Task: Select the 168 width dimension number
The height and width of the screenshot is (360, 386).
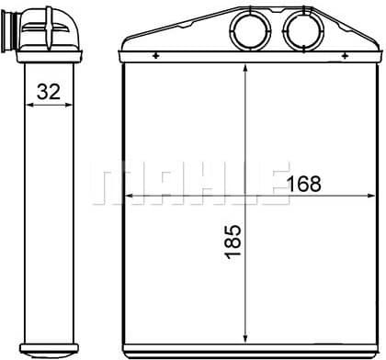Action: click(304, 184)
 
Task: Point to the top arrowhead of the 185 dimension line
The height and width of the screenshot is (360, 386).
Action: click(245, 73)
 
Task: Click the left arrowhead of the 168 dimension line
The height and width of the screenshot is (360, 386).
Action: click(130, 196)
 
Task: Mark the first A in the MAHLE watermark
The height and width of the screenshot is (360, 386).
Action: click(153, 183)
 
